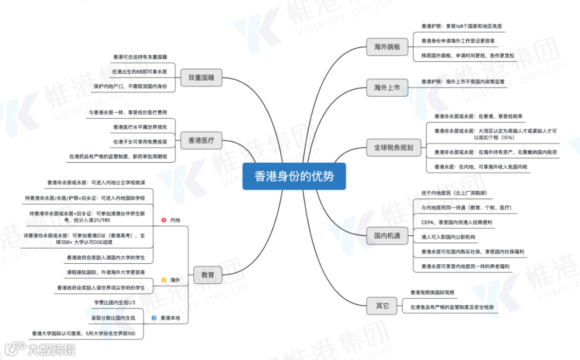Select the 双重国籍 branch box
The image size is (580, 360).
coord(201,77)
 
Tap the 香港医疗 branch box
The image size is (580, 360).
coord(201,141)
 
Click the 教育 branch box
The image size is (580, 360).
coord(207,275)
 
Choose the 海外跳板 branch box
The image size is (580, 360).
coord(387,47)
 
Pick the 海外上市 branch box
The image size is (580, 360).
coord(387,87)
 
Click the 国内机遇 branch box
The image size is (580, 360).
coord(387,235)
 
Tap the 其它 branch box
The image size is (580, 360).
coord(382,306)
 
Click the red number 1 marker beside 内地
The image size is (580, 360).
coord(164,220)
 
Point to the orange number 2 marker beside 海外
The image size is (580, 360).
coord(164,280)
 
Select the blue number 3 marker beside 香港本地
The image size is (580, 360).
coord(154,318)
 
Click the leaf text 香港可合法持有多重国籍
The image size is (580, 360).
coord(140,57)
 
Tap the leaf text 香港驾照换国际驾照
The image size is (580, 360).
coord(432,293)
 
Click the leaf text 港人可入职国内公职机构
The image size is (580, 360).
coord(448,236)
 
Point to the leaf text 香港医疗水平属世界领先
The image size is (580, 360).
coord(140,127)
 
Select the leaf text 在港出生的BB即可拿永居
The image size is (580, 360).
coord(139,71)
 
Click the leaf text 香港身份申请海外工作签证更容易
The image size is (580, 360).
coord(458,41)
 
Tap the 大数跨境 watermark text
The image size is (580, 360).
coord(51,350)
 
